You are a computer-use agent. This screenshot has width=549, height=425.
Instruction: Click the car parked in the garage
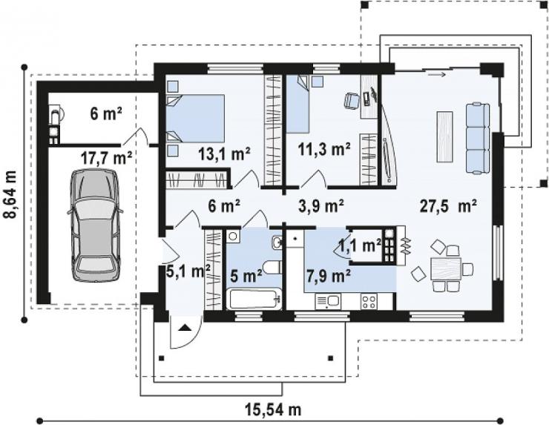click(95, 225)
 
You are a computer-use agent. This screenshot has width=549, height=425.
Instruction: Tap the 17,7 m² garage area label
click(106, 158)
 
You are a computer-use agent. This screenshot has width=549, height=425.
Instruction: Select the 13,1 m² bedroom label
click(225, 154)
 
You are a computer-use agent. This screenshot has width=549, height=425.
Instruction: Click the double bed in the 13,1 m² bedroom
click(195, 119)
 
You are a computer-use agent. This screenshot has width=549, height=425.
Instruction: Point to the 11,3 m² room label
click(324, 149)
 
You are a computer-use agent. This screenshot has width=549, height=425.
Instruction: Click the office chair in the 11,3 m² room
click(352, 100)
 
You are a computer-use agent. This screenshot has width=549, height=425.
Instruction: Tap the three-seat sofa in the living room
click(478, 137)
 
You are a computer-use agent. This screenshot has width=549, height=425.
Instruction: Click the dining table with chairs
click(446, 268)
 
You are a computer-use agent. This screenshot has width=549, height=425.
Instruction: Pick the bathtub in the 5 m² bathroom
click(254, 299)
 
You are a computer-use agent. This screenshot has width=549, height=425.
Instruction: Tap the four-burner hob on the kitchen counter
click(369, 301)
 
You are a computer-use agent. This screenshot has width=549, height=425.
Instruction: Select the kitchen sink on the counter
click(327, 301)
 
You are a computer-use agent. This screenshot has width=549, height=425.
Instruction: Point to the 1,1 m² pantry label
click(361, 246)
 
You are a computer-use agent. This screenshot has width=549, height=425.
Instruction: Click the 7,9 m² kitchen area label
click(329, 276)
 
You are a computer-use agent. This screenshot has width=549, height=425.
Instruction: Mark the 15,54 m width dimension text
click(273, 409)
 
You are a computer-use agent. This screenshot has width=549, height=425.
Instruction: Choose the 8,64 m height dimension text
click(10, 194)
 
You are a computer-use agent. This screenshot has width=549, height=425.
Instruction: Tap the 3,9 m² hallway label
click(321, 206)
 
